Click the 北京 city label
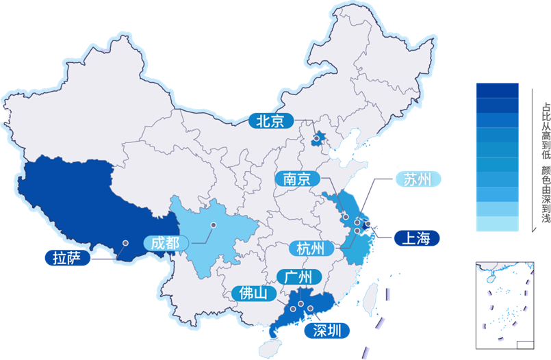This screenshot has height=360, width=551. coord(270,121)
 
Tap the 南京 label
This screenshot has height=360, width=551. coord(298,179)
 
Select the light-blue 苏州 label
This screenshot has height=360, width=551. coord(417,179)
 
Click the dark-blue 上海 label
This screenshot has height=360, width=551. coord(415,238)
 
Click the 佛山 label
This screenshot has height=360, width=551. coord(253,294)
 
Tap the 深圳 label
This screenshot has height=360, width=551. coord(326,331)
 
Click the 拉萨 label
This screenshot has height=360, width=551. coord(66,259)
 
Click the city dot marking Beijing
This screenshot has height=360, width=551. coord(317,140)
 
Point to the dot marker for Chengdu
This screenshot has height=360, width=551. coord(213,224)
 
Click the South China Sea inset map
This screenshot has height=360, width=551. coord(504,305)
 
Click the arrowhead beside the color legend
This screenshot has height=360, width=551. coord(532,230)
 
